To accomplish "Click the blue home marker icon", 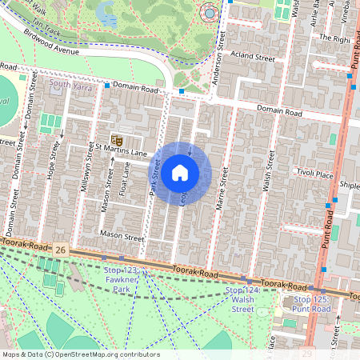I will [180, 173].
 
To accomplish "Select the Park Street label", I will [156, 177].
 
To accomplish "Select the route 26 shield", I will [61, 251].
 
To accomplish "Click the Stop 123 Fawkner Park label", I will [120, 277].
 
